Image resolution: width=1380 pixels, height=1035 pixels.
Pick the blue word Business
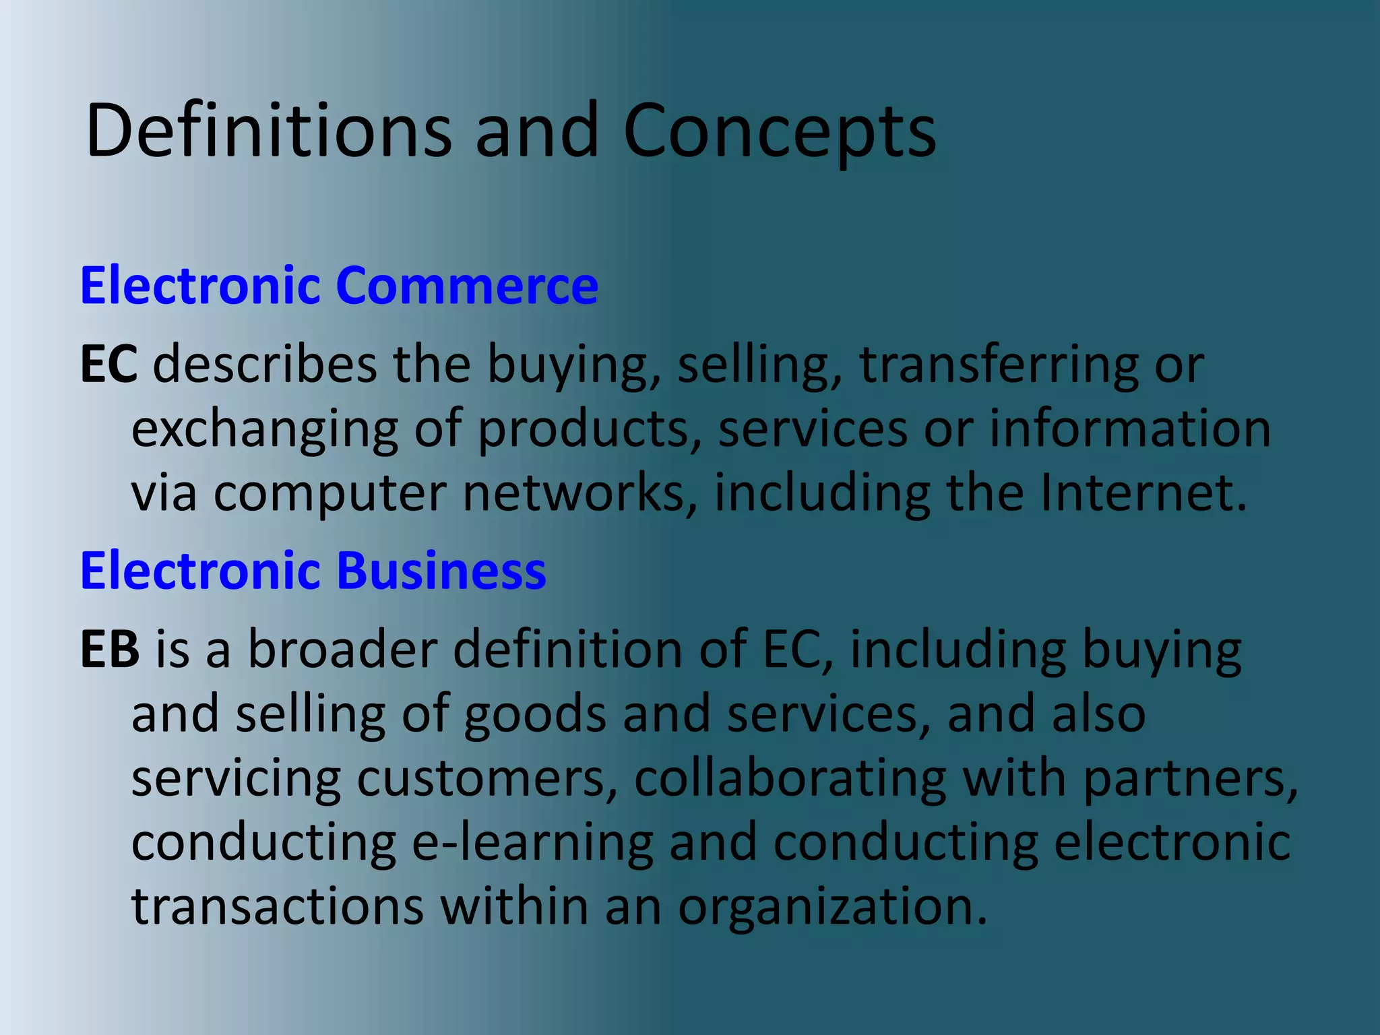(441, 570)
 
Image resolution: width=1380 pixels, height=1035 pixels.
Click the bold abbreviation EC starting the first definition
(108, 364)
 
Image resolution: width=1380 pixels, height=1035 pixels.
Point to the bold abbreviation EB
(110, 649)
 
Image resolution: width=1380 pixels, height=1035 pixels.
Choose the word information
(1129, 429)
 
